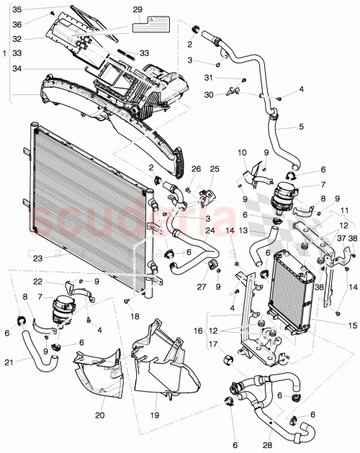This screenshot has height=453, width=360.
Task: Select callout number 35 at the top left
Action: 18,9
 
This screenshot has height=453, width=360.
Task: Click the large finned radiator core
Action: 86,209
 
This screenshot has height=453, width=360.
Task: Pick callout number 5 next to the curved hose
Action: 302,127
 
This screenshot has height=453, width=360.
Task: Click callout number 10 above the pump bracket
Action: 242,153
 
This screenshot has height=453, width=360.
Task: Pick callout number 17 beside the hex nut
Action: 213,344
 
